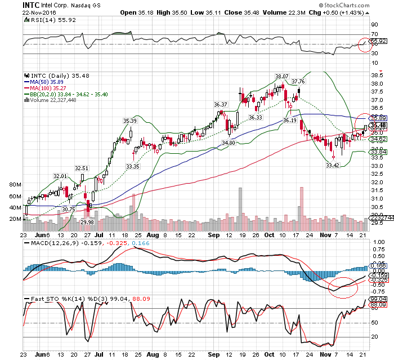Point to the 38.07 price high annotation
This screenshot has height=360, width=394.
coord(281,76)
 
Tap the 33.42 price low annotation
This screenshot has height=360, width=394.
coord(333,166)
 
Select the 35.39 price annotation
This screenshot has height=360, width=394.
coord(130,121)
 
